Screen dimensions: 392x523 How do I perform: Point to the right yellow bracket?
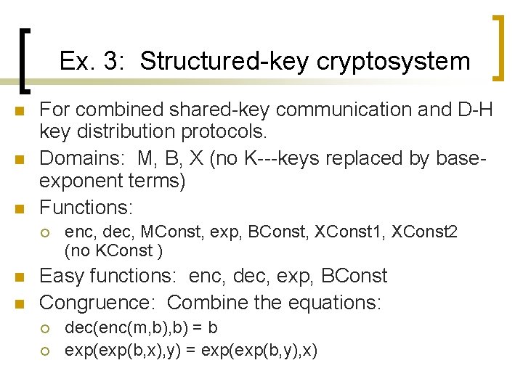pyautogui.click(x=498, y=48)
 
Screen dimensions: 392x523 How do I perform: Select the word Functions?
pyautogui.click(x=86, y=208)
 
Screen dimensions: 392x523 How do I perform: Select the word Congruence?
pyautogui.click(x=100, y=301)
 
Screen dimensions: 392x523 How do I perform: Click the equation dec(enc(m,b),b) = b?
pyautogui.click(x=141, y=329)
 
